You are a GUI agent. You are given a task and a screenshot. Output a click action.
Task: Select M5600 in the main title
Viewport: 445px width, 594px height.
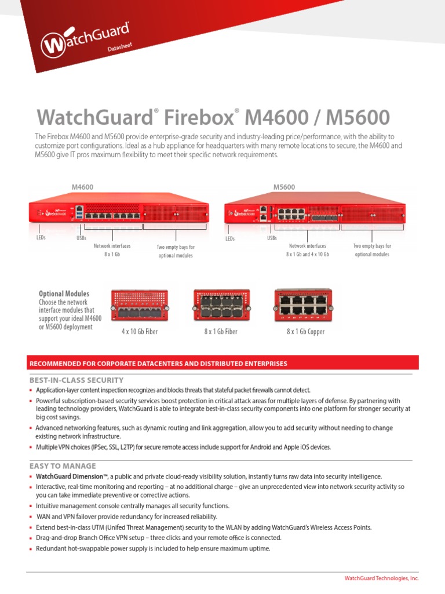[x=358, y=117]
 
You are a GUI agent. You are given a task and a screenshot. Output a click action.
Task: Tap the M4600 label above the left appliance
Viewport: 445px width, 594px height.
[x=82, y=187]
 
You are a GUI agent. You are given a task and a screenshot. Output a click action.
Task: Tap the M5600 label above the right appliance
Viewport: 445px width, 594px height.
[x=284, y=187]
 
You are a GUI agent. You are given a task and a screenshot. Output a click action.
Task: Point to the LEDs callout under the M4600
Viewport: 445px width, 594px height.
[x=41, y=237]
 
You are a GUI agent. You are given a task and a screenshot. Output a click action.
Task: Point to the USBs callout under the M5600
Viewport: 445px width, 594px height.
[x=272, y=238]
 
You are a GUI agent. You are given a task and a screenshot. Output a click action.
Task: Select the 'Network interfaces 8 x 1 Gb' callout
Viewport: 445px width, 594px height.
[x=112, y=250]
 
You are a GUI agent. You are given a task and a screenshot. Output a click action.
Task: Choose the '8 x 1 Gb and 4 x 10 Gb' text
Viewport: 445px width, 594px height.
[x=307, y=254]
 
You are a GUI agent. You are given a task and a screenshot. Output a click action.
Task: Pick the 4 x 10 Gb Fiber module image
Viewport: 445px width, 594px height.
[x=139, y=306]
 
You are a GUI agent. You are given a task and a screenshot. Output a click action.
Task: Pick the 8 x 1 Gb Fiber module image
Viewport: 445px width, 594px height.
[x=220, y=306]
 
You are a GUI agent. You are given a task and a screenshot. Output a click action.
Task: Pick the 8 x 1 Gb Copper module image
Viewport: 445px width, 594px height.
[x=305, y=306]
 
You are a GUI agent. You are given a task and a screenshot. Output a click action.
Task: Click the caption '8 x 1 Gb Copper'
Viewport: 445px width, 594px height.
[x=305, y=332]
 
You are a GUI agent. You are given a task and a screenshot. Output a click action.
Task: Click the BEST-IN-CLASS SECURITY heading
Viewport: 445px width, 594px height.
[x=76, y=380]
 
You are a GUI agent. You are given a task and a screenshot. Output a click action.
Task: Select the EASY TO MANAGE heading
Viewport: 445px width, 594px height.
[x=63, y=466]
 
